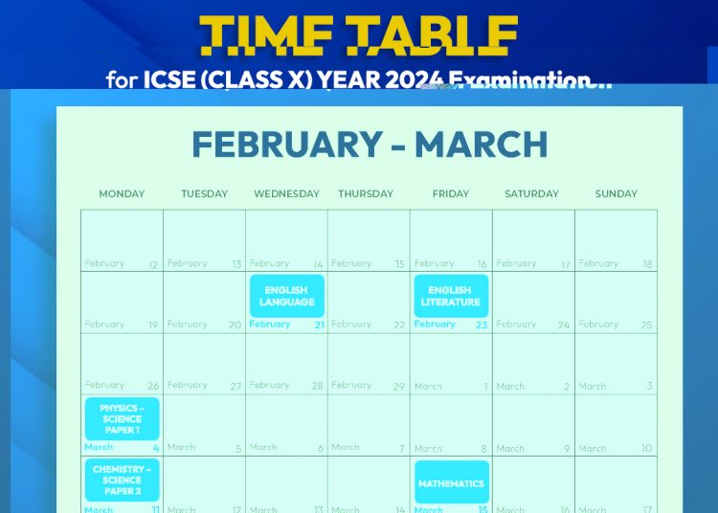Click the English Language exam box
287,296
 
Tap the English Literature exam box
451,296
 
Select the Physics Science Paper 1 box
122,418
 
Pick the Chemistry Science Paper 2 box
122,480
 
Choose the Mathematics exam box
451,482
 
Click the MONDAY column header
122,193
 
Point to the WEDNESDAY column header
286,193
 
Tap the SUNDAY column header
616,193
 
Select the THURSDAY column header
366,193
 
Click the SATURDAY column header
531,193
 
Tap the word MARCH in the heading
481,145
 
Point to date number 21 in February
320,325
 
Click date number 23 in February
482,325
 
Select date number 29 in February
399,387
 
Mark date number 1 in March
485,387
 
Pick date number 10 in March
647,448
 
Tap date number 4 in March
156,448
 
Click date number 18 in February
648,264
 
